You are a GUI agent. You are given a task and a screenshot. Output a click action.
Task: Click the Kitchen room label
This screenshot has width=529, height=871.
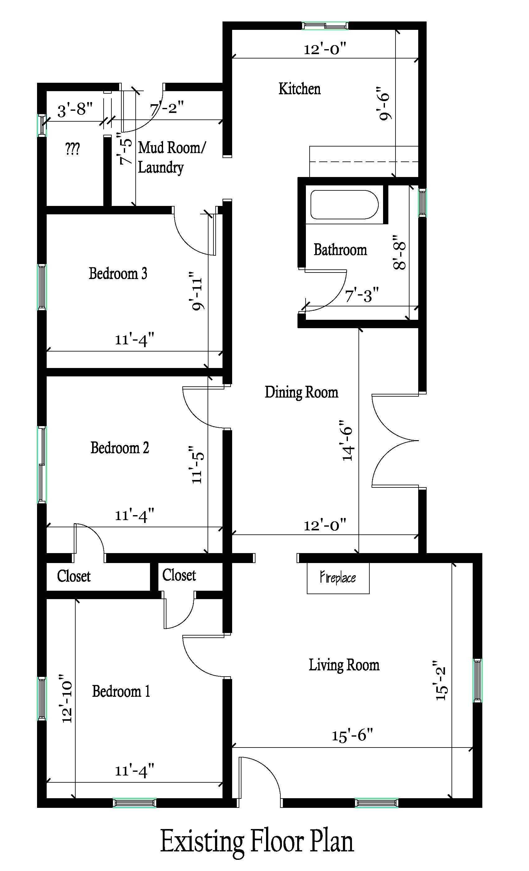299,89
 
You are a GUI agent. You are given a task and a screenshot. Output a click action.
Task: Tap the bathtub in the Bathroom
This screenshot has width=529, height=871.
344,205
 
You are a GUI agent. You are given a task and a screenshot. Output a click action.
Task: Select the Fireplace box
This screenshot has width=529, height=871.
338,578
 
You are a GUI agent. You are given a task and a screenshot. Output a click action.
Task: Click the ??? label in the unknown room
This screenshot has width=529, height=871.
73,149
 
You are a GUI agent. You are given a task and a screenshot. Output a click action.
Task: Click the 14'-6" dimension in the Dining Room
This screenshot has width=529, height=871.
348,440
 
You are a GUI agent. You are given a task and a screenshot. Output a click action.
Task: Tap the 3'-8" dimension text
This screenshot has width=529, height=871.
75,110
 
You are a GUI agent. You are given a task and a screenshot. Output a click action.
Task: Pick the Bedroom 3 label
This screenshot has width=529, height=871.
118,274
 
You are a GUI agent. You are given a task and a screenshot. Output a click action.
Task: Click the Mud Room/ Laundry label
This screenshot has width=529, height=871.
171,157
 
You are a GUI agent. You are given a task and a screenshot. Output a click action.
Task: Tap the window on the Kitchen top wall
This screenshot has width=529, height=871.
325,26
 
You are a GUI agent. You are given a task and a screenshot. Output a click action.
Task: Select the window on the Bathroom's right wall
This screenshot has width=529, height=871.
422,202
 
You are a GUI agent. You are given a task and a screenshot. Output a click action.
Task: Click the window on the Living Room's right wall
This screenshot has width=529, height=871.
477,681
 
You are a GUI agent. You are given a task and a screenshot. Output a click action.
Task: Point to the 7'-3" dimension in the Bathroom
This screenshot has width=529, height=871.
361,296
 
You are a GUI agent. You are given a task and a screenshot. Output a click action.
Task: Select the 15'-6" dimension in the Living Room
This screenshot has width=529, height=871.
352,736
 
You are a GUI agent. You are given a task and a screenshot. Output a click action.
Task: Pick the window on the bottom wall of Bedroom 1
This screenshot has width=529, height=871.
134,803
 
